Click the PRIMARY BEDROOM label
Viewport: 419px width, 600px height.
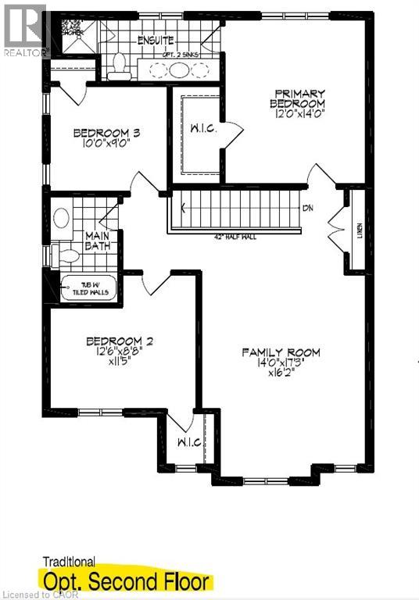coord(297,98)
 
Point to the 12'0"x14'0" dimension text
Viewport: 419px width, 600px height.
coord(297,115)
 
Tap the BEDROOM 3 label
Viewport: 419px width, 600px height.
coord(106,133)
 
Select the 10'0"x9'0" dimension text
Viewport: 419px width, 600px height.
coord(106,144)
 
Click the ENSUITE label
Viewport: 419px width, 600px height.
coord(156,40)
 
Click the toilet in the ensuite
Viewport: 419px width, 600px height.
coord(120,67)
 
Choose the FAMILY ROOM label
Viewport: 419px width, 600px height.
coord(281,352)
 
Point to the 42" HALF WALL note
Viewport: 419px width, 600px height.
coord(235,237)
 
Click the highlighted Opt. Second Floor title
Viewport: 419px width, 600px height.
coord(127,582)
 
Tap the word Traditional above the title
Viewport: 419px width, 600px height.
coord(69,561)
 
